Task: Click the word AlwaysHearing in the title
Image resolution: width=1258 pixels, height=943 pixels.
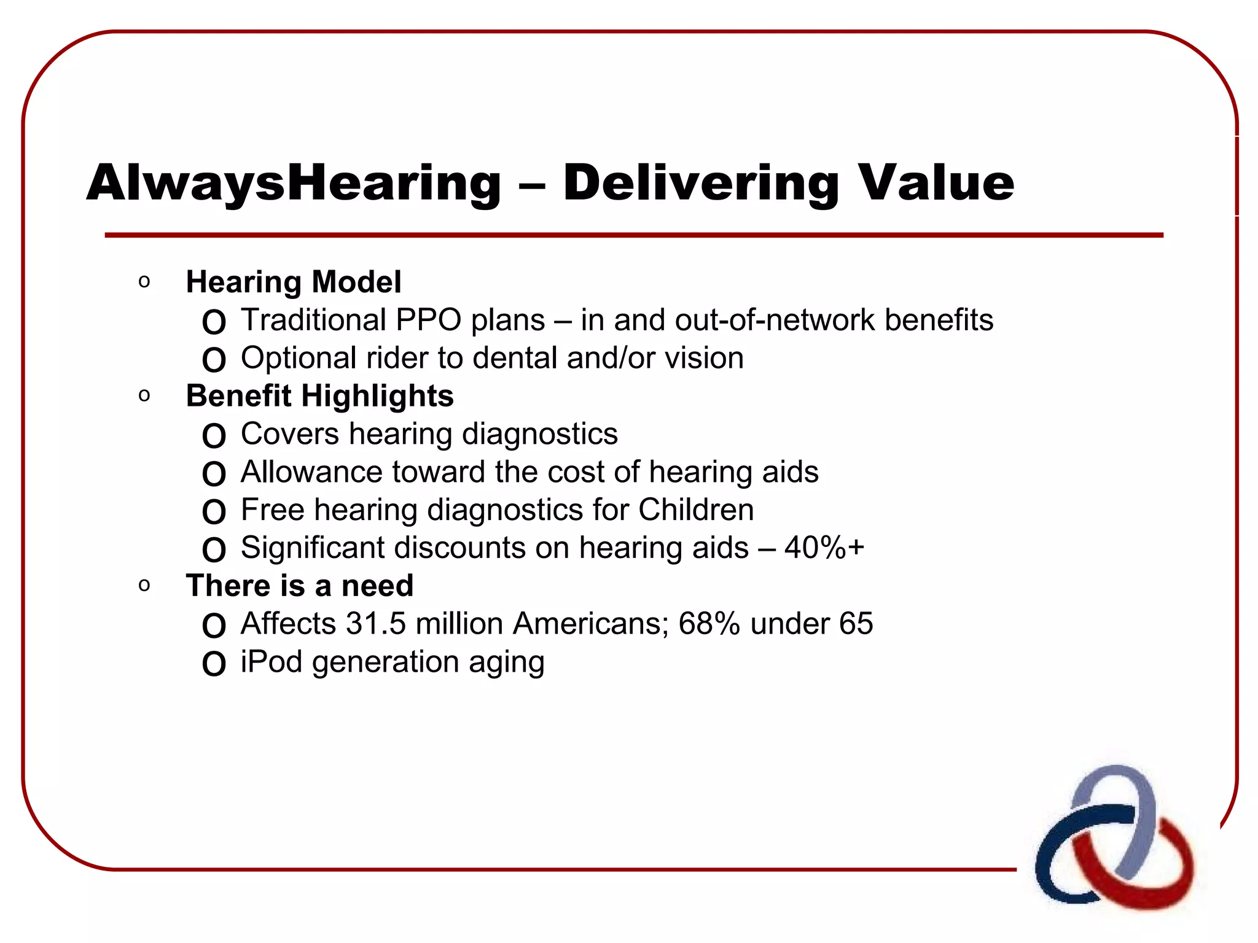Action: coord(294,183)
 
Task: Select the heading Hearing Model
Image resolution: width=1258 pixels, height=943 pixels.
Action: coord(293,282)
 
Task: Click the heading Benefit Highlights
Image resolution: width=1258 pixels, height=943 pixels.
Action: coord(319,396)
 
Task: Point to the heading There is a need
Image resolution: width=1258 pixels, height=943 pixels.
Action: coord(299,586)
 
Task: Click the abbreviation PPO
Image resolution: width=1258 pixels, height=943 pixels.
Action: coord(428,320)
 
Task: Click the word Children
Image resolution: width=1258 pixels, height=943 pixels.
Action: coord(695,510)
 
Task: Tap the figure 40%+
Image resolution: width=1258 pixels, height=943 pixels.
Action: coord(824,548)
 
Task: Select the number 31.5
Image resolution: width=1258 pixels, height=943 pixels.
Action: coord(376,624)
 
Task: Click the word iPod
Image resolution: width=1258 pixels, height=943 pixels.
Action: coord(271,662)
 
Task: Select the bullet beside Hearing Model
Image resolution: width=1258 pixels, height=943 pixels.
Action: coord(144,282)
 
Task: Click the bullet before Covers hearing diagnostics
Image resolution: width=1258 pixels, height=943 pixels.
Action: coord(214,436)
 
